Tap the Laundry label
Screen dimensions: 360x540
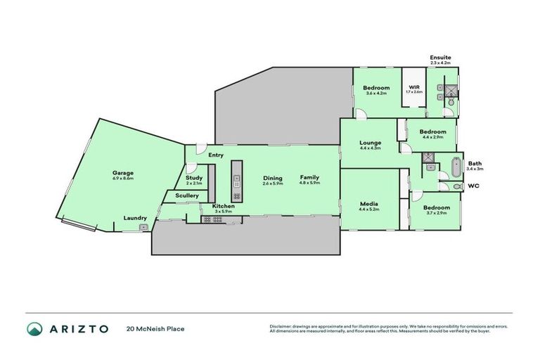[134, 218]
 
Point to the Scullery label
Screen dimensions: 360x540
[187, 195]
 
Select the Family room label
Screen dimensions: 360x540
[309, 179]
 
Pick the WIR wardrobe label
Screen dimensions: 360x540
[414, 89]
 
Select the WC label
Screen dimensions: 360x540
[475, 186]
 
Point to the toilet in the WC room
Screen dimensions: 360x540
[457, 186]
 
